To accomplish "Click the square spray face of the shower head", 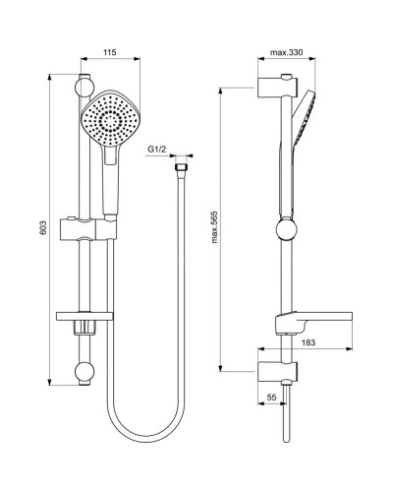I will click(x=112, y=121).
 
